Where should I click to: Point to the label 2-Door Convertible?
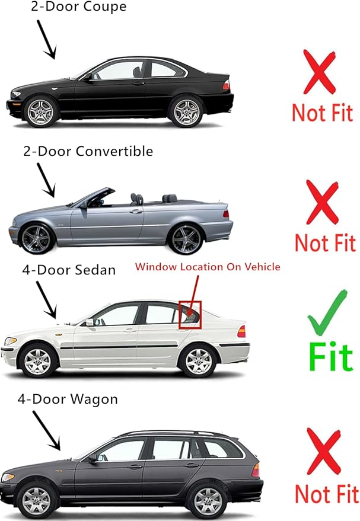[x=88, y=151]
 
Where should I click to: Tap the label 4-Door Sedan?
[x=69, y=270]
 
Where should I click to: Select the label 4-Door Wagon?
[x=67, y=399]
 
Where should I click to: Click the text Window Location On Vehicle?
[x=208, y=267]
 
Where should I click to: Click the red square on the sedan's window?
[x=190, y=314]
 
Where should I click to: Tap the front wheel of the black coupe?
[x=42, y=111]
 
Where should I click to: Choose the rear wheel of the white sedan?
[x=198, y=360]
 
